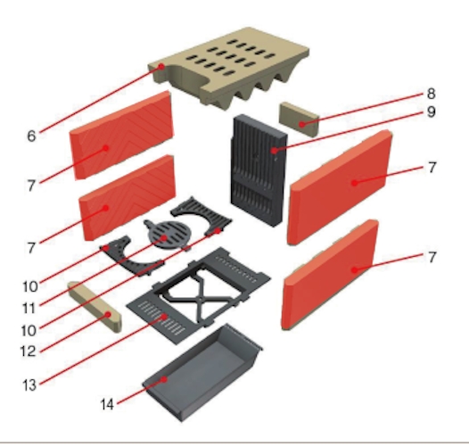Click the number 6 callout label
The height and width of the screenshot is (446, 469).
coord(31,136)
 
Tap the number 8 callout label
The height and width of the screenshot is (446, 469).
coord(431,94)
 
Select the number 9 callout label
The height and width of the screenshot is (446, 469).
coord(431,112)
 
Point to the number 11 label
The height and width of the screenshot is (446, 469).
coord(29,308)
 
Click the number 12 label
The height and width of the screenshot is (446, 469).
coord(29,351)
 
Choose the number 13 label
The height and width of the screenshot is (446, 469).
coord(29,385)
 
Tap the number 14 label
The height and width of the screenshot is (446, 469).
coord(107,405)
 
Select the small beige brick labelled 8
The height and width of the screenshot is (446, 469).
coord(299,120)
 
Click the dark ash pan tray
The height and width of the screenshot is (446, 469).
coord(202,371)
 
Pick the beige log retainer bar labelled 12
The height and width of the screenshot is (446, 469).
coord(95,307)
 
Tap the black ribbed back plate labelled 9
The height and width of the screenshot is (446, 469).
coord(259,170)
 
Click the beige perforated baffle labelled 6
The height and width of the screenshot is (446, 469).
coord(229,68)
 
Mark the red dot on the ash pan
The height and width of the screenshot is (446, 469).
coord(164,380)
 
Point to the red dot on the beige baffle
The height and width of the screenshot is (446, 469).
coord(161,66)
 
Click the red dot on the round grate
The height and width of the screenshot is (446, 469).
coord(164,238)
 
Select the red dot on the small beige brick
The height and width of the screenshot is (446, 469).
coord(302,124)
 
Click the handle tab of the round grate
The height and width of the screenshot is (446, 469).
coord(149,225)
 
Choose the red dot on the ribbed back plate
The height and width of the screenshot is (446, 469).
coord(275,151)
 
